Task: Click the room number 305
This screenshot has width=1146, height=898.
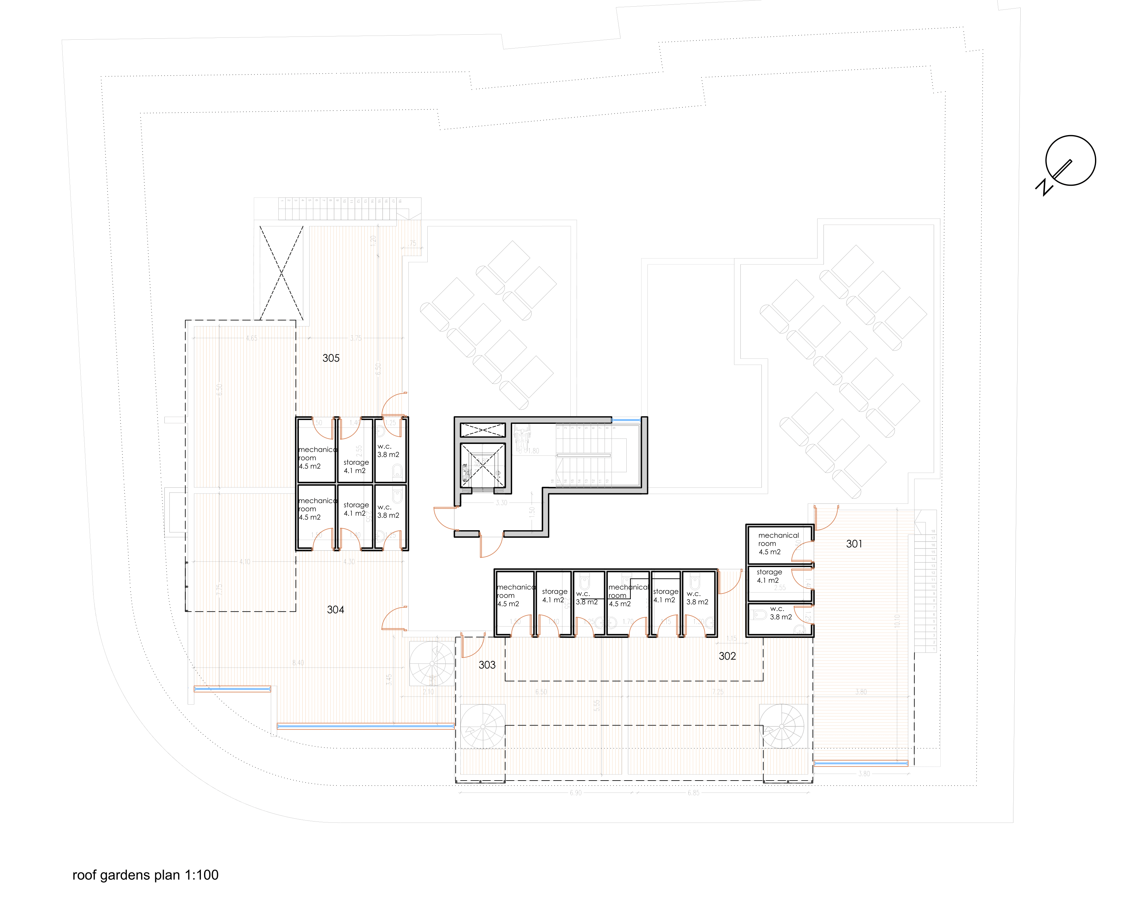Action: click(x=331, y=358)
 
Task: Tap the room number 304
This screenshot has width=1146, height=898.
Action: click(x=335, y=610)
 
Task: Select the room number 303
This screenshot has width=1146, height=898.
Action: click(x=487, y=665)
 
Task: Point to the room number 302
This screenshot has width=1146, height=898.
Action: click(x=727, y=656)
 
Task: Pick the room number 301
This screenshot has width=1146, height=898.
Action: click(x=854, y=544)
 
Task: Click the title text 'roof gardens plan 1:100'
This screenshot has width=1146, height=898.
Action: click(x=145, y=875)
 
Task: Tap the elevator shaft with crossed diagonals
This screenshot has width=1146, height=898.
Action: click(x=482, y=465)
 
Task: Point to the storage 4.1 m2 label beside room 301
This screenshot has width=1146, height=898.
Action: click(x=769, y=576)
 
